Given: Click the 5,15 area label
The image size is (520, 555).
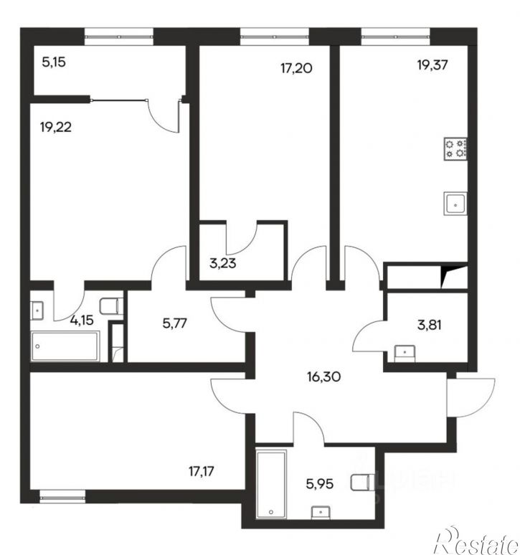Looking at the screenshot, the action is [x=54, y=62].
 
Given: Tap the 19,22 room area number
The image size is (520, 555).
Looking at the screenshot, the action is [x=56, y=127].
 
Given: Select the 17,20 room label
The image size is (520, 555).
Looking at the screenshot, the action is [x=297, y=68].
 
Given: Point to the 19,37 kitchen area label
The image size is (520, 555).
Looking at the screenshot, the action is [x=432, y=65].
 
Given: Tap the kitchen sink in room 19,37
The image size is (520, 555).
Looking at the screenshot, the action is [x=455, y=203].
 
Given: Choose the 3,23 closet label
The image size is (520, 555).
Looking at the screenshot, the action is [x=222, y=264].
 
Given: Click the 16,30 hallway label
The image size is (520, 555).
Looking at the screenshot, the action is [x=324, y=377].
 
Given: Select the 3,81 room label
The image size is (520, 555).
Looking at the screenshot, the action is [x=430, y=325].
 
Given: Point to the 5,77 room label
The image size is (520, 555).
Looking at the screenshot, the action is [x=175, y=323].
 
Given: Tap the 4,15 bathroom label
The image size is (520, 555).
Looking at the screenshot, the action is [x=82, y=321].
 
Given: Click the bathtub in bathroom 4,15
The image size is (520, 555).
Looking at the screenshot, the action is [x=65, y=346].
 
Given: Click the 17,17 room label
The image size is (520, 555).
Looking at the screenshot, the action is [x=201, y=472].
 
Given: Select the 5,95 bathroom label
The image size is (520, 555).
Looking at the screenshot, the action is [x=320, y=484].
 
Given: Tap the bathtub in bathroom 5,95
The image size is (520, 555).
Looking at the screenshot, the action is [x=271, y=485].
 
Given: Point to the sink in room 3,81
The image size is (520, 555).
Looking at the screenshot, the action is [x=405, y=354].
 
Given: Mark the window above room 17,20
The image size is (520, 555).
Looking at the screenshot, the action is [x=275, y=37].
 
